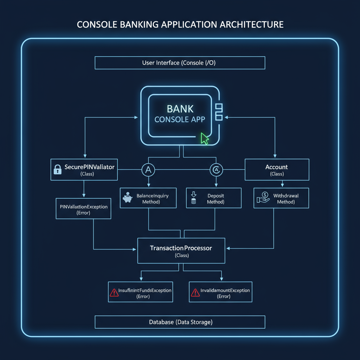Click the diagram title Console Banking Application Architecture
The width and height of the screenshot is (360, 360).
pos(180,25)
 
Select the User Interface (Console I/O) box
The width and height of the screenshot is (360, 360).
pos(180,63)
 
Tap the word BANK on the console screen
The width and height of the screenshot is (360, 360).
pos(180,109)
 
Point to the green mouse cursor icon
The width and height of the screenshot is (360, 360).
pos(204,139)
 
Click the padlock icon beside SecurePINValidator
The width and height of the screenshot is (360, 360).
pos(57,169)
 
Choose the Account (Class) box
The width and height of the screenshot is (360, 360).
pos(277,170)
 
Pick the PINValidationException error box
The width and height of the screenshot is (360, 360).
pos(83,209)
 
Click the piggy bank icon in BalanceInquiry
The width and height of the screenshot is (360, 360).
pos(127,198)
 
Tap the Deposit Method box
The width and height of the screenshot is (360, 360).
pos(213,198)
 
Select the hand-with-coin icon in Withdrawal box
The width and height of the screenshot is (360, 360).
pos(263,198)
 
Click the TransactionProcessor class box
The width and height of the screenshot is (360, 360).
pos(181,250)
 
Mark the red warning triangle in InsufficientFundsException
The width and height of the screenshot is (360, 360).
pos(114,292)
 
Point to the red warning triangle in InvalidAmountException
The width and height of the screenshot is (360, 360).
pos(194,292)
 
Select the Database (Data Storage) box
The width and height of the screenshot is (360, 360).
pos(180,322)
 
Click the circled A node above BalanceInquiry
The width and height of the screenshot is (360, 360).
pos(148,170)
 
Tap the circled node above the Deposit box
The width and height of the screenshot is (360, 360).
pos(214,170)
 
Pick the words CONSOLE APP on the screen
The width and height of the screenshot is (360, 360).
pos(180,119)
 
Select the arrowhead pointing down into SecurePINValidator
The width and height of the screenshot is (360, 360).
pos(84,156)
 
